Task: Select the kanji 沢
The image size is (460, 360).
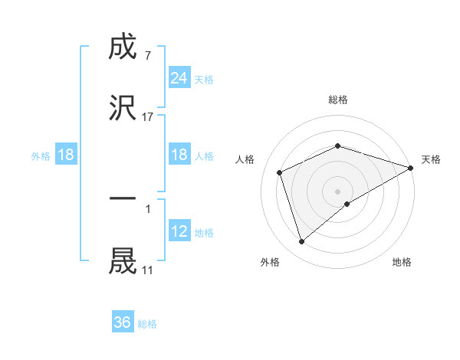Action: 123,108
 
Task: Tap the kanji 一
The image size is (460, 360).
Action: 123,198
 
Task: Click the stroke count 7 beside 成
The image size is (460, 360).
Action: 147,56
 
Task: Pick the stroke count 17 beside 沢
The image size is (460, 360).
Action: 148,116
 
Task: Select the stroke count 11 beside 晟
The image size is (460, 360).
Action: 147,270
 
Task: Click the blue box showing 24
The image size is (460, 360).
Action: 179,78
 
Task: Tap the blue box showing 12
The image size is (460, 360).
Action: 179,231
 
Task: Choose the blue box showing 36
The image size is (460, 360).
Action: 122,322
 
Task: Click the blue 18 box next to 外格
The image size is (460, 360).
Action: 66,155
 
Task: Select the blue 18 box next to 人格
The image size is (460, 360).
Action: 179,155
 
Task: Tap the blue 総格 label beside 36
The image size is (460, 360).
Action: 147,324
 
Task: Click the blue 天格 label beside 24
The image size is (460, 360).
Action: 203,80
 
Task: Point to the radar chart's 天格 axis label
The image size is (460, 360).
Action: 431,159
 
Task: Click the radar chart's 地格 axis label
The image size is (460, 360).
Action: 402,262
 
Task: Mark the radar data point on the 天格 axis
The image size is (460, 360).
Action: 410,168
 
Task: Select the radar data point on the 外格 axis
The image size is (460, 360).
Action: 301,242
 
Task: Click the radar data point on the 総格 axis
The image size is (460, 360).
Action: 337,146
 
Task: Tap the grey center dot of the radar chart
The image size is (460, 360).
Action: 337,191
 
